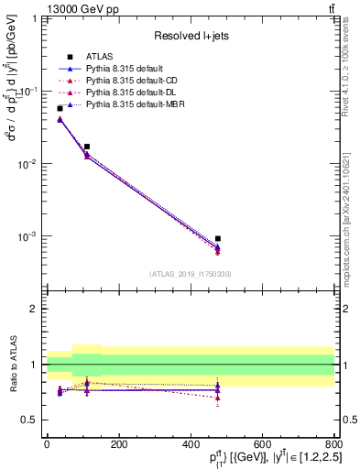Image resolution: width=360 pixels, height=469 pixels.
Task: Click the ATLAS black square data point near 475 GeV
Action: click(x=217, y=238)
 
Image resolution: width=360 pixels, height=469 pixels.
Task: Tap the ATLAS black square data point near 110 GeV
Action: click(x=86, y=147)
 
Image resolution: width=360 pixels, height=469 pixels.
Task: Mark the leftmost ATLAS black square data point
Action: click(x=60, y=108)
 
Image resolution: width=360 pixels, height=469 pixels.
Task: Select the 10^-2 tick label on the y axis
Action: click(x=30, y=164)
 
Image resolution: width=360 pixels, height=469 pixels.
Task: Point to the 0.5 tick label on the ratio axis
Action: click(x=32, y=420)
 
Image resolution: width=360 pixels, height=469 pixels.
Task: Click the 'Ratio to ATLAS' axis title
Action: click(x=12, y=365)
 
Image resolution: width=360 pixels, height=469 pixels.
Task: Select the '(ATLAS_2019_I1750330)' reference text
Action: click(x=190, y=274)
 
